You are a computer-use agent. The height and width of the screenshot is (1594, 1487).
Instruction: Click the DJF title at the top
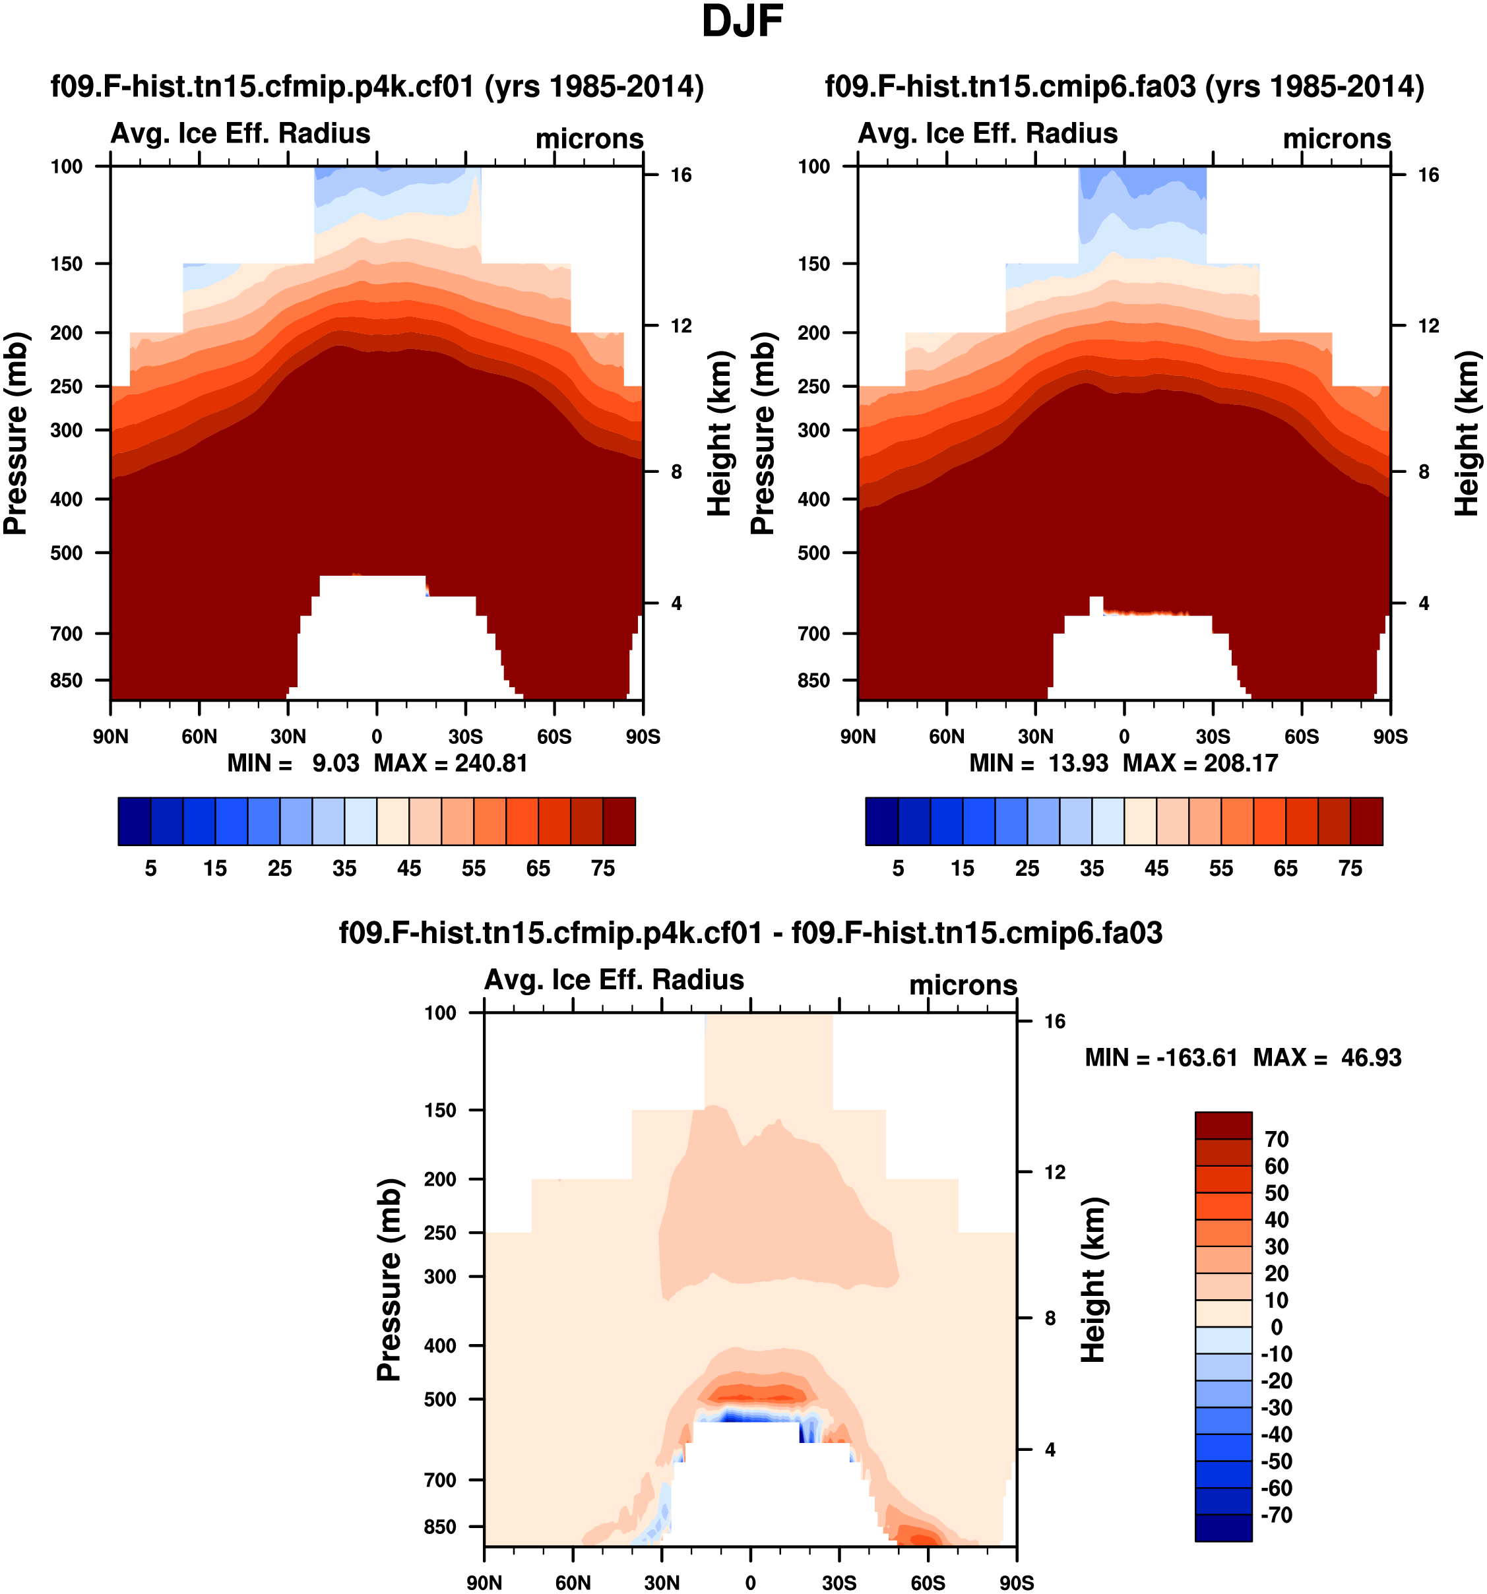coord(742,22)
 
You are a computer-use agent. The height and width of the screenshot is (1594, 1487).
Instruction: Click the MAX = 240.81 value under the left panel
coord(451,762)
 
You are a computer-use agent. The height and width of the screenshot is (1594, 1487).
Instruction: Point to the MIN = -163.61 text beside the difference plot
coord(1160,1058)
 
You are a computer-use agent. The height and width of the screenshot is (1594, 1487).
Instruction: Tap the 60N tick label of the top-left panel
coord(199,736)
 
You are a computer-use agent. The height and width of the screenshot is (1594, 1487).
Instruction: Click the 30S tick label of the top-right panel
coord(1213,736)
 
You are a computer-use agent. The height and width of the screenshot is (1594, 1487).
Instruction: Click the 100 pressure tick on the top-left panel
coord(67,167)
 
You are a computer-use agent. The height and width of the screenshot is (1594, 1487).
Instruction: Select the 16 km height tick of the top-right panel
coord(1428,175)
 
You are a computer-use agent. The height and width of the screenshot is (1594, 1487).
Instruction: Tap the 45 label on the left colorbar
coord(409,869)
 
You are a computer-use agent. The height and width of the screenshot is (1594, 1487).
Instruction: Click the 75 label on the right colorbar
coord(1350,869)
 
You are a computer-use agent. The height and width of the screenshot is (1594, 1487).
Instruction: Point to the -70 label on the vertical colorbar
coord(1277,1515)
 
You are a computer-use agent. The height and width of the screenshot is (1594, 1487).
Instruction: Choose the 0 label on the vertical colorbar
coord(1277,1327)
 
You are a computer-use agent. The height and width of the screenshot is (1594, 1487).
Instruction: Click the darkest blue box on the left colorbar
coord(134,821)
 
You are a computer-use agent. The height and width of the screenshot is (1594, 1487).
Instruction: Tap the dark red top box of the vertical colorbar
coord(1223,1125)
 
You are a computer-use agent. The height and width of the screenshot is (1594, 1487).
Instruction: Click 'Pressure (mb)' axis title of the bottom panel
coord(389,1279)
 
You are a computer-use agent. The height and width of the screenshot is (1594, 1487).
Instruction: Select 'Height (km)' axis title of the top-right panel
coord(1467,433)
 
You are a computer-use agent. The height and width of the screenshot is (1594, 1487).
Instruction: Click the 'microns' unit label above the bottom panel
coord(963,985)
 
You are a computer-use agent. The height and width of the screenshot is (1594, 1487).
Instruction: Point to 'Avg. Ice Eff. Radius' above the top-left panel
coord(241,133)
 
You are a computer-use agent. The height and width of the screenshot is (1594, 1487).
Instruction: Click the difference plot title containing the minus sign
coord(750,933)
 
